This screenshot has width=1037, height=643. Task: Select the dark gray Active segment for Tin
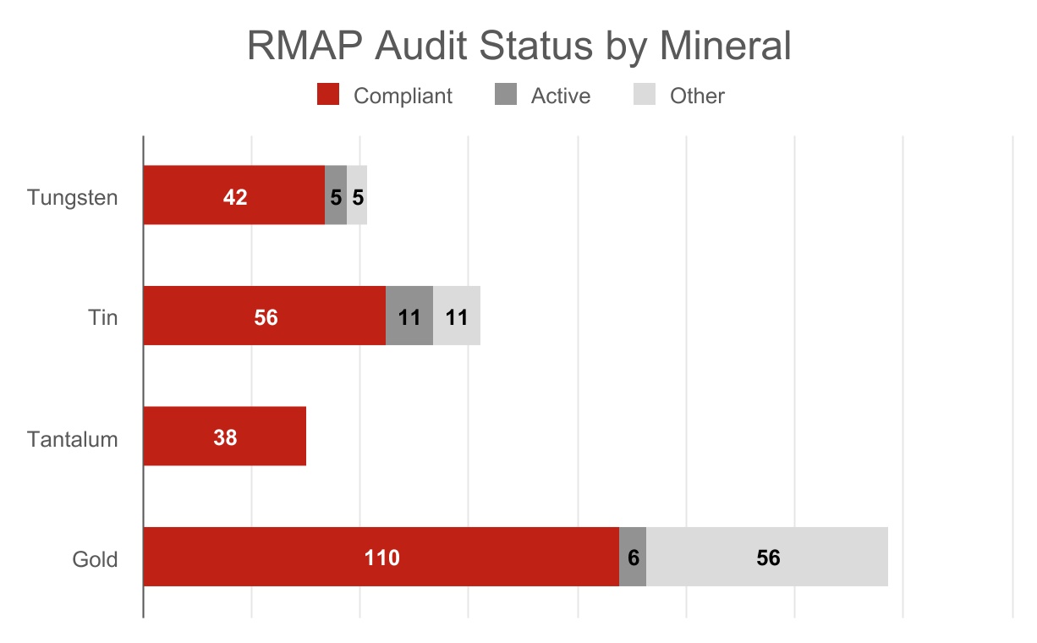pos(409,316)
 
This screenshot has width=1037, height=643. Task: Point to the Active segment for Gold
pos(633,557)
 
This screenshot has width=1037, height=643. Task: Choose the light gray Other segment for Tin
pos(457,316)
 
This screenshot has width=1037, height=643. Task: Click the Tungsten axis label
pos(72,197)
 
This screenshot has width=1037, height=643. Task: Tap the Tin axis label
pos(102,318)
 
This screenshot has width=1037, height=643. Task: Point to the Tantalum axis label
pos(72,440)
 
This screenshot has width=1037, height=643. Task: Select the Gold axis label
pos(95,559)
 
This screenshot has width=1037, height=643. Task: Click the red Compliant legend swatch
pos(328,96)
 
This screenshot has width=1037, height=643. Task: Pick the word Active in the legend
pos(560,96)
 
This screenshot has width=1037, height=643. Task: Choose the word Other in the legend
pos(697,96)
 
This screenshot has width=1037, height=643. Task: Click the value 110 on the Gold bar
pos(381,558)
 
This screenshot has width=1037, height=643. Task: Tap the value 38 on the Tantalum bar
pos(225,437)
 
